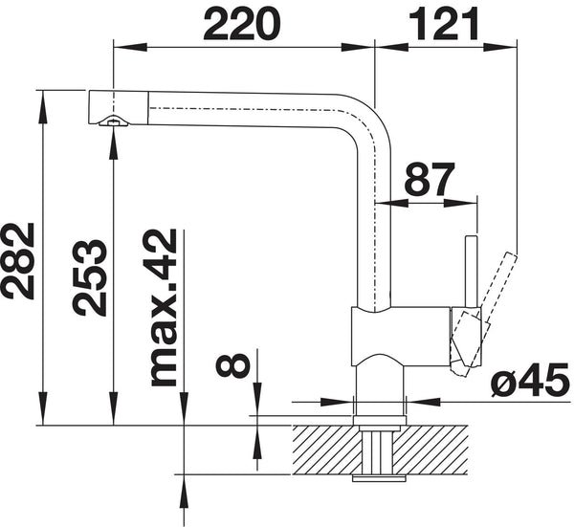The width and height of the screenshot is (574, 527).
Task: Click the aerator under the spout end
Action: coord(112,121)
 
